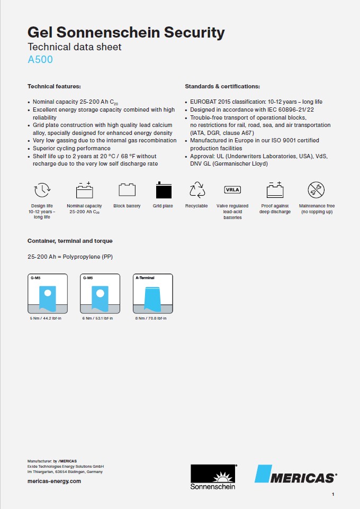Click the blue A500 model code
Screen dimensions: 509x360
(40, 60)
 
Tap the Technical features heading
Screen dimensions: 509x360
(54, 86)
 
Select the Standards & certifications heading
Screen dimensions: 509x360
(222, 86)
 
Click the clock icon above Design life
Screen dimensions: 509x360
(42, 190)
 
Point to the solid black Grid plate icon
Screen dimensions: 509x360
(163, 190)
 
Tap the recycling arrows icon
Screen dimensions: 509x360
(197, 189)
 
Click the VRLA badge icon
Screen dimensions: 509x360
(232, 189)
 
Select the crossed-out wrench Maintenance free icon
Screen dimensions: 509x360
(317, 189)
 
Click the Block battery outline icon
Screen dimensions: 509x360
(127, 190)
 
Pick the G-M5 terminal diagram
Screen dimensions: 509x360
(48, 294)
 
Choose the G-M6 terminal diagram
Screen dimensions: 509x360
(100, 294)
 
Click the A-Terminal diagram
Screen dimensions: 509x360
(153, 294)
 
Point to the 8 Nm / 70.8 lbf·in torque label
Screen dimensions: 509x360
(151, 318)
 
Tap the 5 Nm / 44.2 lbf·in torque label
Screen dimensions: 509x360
(46, 318)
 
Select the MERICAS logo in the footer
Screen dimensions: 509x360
(296, 475)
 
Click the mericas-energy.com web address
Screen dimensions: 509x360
(54, 481)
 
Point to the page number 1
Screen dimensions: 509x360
(333, 494)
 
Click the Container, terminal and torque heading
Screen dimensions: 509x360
(70, 241)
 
